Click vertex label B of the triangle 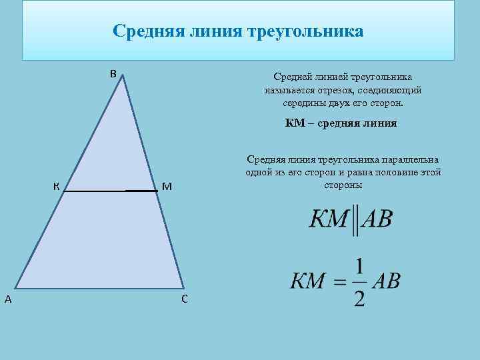click(113, 73)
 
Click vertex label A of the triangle click(7, 299)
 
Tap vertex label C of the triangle click(184, 299)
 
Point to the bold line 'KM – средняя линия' click(341, 123)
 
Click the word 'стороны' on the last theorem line click(343, 185)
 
